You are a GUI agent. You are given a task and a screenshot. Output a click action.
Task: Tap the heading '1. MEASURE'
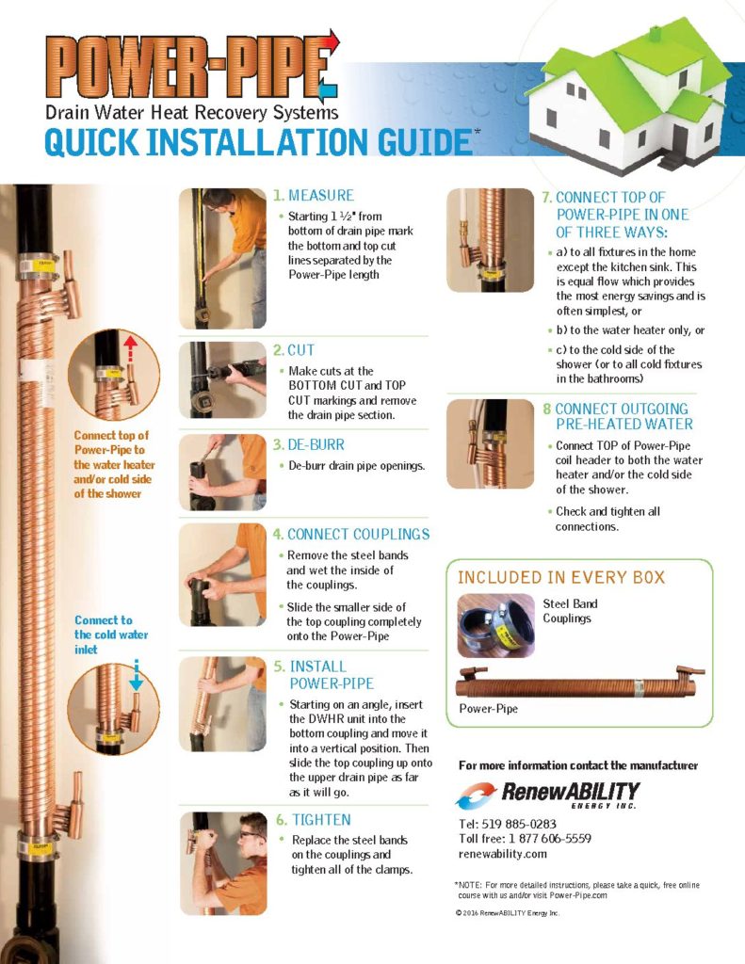pos(313,196)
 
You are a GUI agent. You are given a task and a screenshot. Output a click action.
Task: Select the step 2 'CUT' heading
pos(294,350)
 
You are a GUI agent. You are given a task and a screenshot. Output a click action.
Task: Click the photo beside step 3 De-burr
pos(222,473)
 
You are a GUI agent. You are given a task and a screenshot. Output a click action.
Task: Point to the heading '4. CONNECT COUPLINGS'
pos(351,535)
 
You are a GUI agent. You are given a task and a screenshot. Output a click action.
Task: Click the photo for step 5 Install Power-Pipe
pos(222,704)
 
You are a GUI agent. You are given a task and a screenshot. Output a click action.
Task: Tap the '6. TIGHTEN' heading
pos(313,820)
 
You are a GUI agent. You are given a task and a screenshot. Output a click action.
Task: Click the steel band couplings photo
pos(495,625)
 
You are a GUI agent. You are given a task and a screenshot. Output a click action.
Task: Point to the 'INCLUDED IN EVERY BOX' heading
pos(561,577)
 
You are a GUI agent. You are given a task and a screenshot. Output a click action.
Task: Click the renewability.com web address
pos(503,854)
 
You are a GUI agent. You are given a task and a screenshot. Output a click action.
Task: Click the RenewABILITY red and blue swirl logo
pos(475,795)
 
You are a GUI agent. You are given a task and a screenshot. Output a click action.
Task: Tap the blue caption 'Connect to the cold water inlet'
pos(111,635)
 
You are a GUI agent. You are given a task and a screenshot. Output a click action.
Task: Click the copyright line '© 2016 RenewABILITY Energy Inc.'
pos(508,913)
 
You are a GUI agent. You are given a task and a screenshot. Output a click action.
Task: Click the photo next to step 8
pos(491,444)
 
